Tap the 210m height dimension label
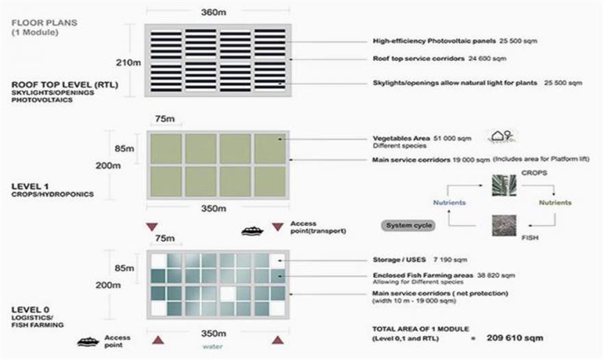(x=132, y=62)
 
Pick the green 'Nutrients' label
(x=555, y=203)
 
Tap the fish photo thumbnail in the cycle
(x=503, y=226)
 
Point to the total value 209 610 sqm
(x=513, y=337)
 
